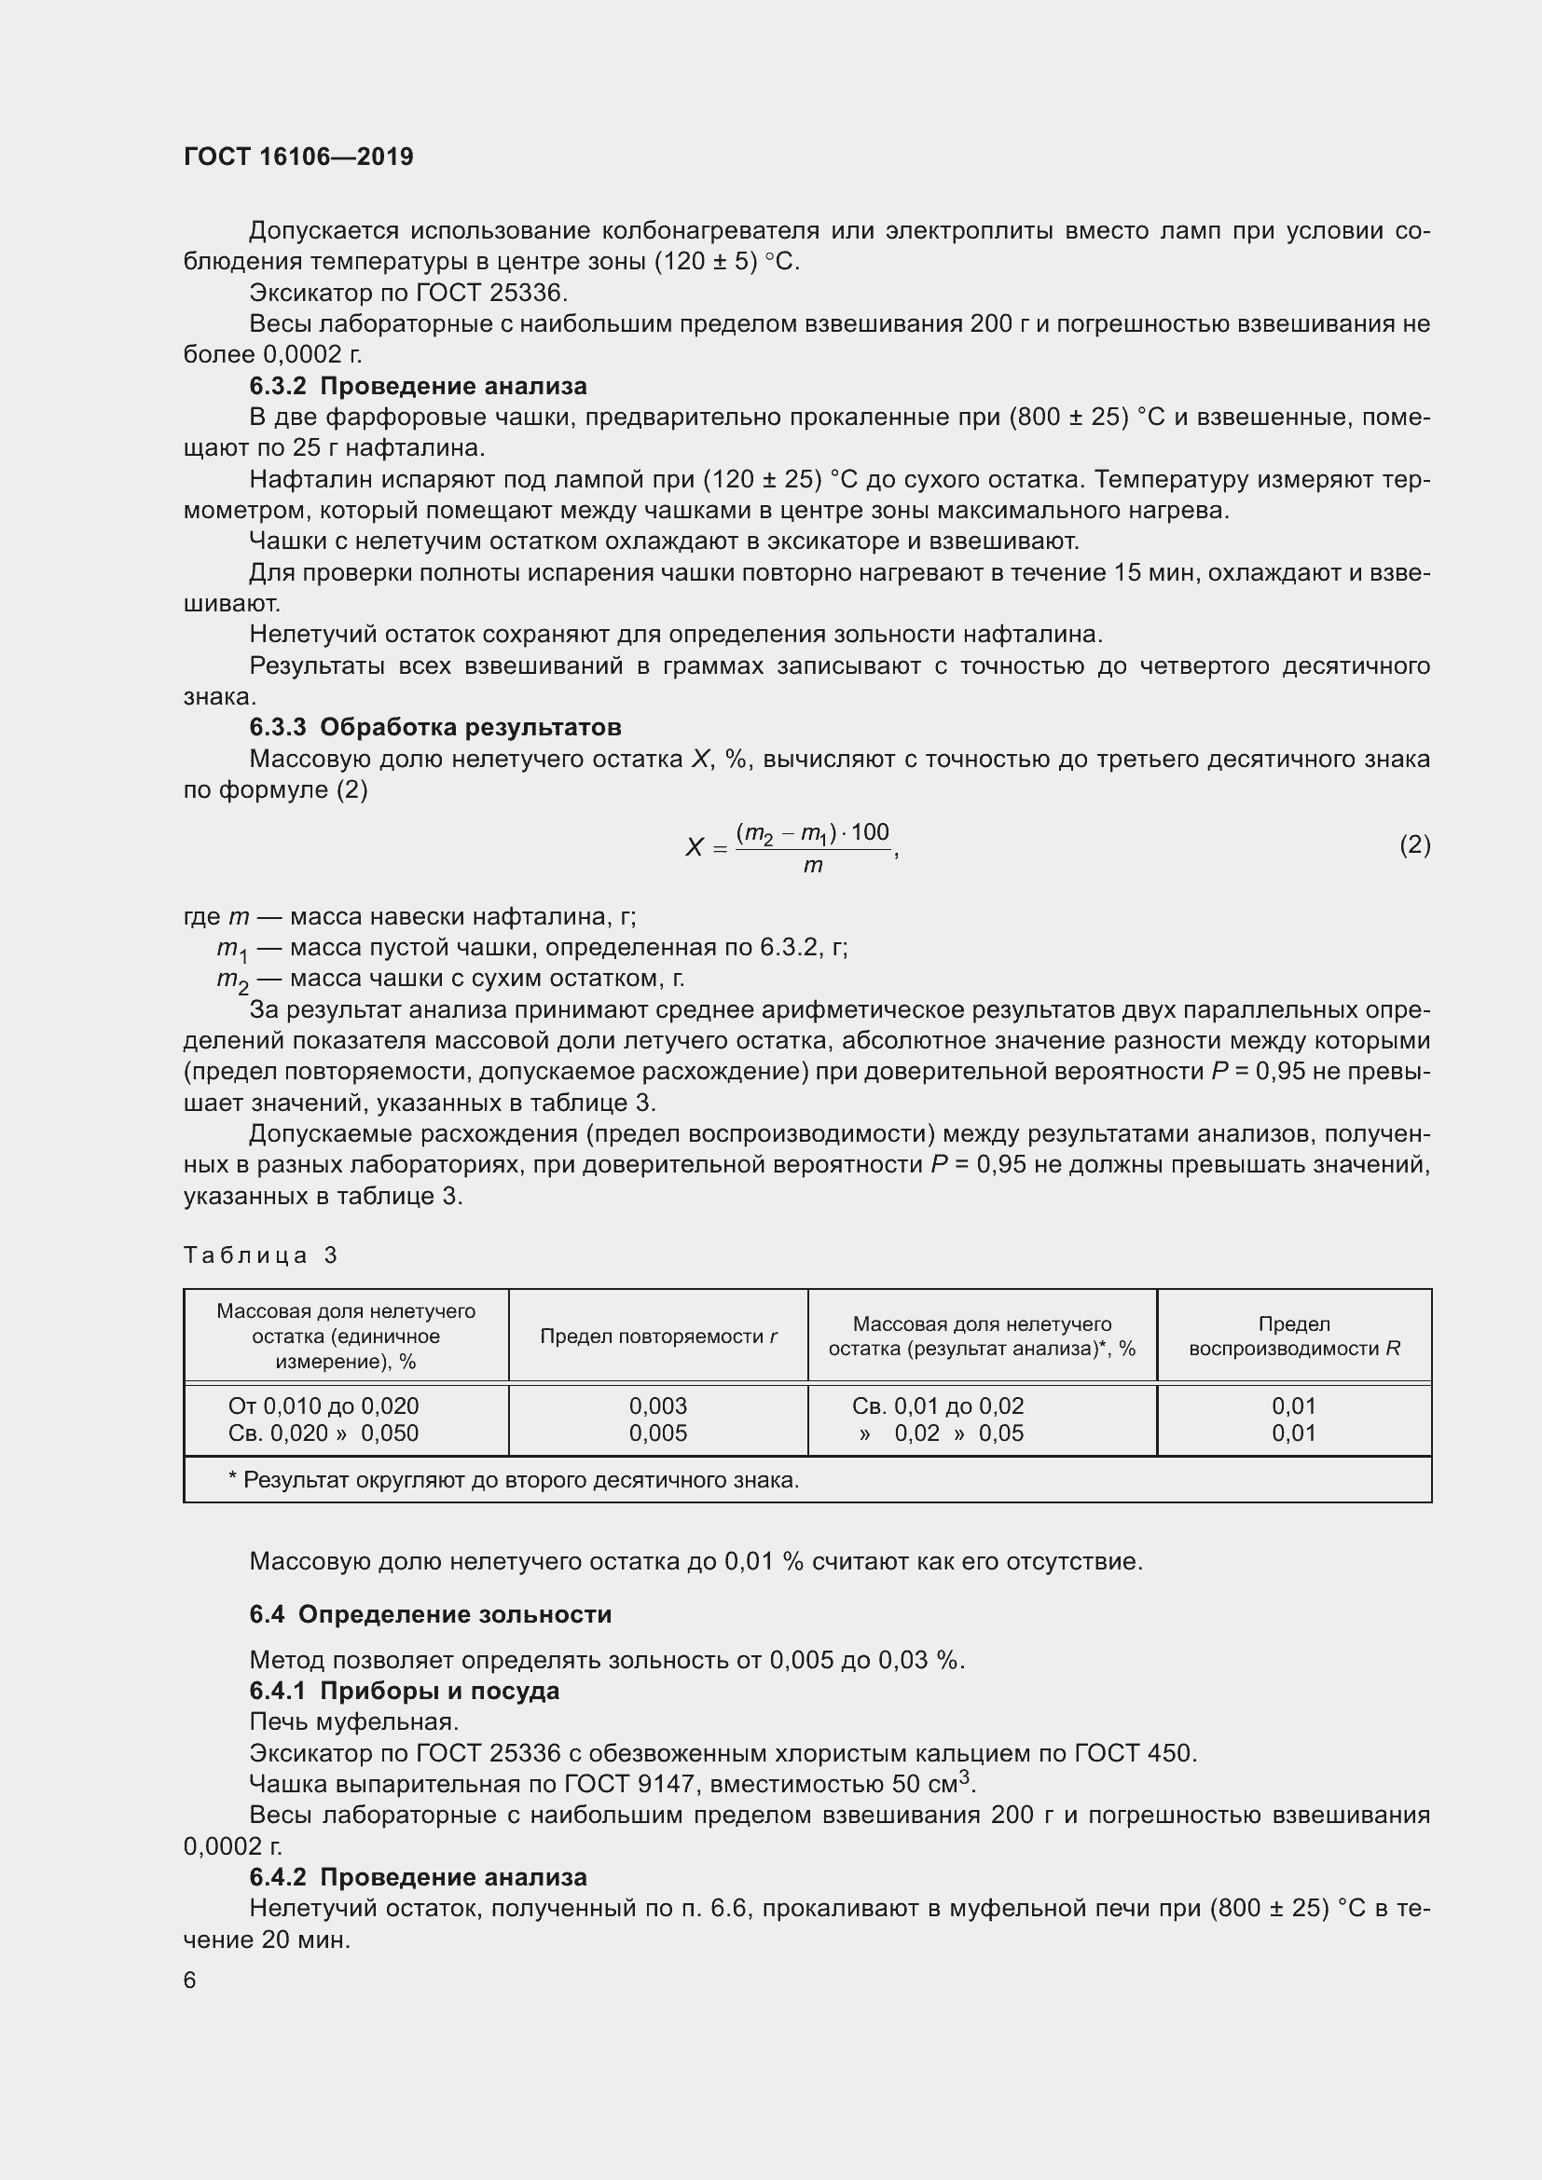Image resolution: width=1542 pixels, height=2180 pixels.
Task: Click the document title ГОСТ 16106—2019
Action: point(298,157)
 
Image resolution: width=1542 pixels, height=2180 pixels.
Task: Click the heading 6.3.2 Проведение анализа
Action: point(418,387)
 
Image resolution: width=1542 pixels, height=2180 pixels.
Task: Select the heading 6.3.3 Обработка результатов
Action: point(434,727)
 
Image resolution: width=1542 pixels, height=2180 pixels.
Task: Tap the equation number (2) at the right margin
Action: point(1414,844)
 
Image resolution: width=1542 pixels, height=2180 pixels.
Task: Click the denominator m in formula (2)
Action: point(813,865)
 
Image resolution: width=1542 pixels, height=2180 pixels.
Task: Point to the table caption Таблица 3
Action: point(260,1255)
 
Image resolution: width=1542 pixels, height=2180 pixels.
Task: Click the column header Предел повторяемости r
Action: point(658,1336)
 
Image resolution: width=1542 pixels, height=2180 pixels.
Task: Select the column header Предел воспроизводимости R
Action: point(1293,1336)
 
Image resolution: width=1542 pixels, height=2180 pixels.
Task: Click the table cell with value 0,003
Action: point(658,1406)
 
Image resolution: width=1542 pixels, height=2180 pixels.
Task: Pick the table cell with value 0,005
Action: point(658,1433)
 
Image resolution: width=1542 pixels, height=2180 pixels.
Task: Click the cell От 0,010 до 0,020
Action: point(324,1406)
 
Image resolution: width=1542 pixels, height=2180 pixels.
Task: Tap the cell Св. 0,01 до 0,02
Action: point(937,1406)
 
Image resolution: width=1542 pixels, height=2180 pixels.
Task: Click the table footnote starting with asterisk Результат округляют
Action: point(514,1480)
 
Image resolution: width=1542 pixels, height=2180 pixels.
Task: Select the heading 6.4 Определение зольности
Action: point(430,1615)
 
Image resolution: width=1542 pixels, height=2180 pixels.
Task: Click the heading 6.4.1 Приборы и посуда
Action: point(405,1691)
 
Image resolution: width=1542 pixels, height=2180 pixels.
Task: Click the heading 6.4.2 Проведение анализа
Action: point(418,1877)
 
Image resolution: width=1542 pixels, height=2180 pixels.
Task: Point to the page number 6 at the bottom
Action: point(190,1980)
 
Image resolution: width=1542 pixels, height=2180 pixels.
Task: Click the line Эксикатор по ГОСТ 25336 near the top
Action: point(408,293)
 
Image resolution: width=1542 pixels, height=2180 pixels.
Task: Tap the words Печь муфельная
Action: point(354,1721)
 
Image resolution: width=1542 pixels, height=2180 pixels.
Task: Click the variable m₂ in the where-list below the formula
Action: point(232,980)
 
